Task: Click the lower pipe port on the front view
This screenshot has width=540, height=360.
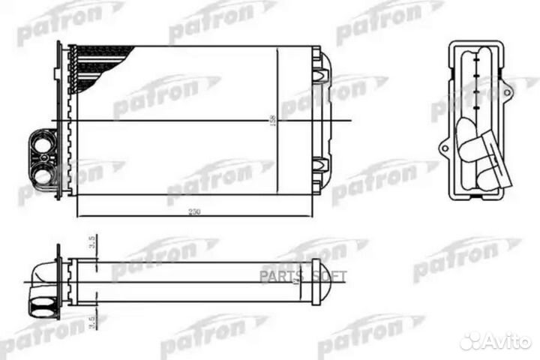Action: point(43,176)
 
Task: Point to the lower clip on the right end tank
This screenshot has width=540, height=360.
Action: point(320,164)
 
